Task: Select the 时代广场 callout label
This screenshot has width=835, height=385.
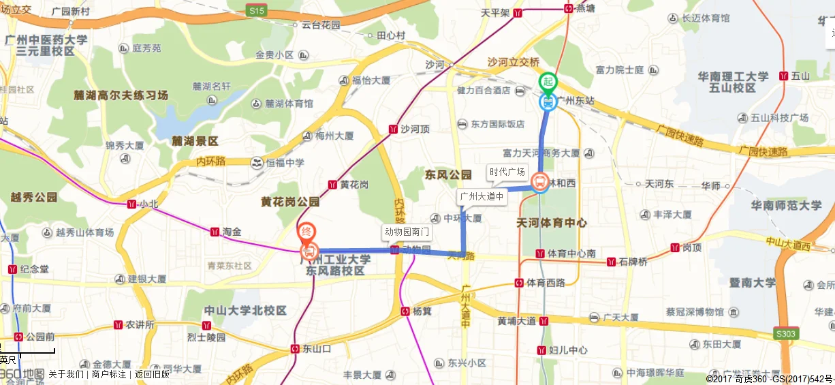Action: [507, 172]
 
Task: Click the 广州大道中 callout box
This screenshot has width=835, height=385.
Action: [482, 197]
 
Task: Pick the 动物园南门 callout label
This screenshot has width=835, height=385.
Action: [407, 232]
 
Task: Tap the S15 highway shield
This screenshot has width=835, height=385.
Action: [257, 10]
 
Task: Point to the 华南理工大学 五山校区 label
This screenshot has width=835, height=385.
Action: [732, 82]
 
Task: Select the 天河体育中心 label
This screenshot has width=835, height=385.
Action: [552, 223]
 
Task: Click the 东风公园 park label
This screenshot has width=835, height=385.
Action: [448, 175]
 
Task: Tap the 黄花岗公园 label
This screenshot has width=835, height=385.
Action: [290, 202]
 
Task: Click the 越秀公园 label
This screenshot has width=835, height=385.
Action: [34, 198]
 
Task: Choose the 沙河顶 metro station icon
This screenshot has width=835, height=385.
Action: [393, 129]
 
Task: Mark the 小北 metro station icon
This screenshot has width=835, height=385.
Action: [131, 204]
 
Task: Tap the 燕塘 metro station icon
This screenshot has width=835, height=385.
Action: [568, 8]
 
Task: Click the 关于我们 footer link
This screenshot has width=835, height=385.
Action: [66, 374]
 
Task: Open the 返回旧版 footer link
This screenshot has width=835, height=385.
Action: [151, 374]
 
